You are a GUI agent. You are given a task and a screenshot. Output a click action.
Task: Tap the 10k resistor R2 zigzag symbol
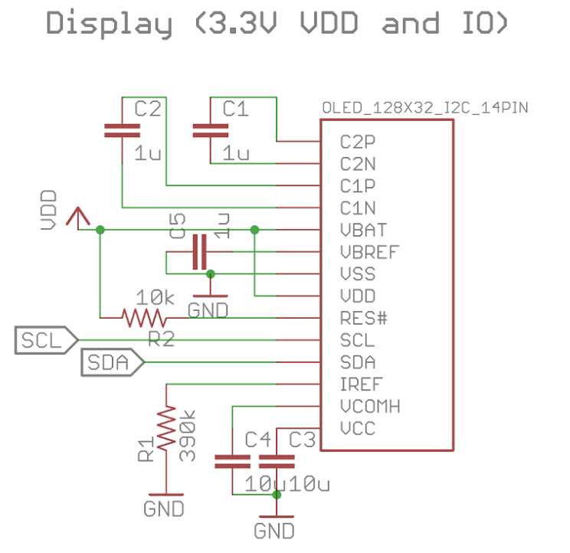[x=143, y=317]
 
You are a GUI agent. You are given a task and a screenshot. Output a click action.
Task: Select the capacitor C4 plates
[x=232, y=461]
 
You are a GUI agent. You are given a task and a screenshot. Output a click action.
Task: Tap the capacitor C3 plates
[x=277, y=461]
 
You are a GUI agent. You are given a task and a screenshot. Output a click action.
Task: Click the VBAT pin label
[x=363, y=230]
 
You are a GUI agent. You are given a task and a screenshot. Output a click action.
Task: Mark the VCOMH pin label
[x=369, y=406]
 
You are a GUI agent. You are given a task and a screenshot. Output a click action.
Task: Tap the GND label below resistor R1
[x=164, y=508]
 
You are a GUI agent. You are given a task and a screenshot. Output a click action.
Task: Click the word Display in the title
[x=109, y=23]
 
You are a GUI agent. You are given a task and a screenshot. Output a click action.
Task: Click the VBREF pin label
[x=369, y=252]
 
